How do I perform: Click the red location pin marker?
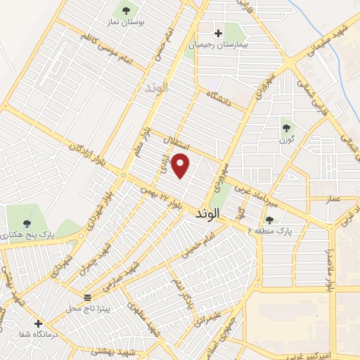(181, 165)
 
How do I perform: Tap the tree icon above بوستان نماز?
(126, 11)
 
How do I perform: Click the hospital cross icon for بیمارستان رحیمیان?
(218, 32)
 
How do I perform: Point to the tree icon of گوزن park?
(287, 127)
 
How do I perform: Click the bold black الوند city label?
(209, 212)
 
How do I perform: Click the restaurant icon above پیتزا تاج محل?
(88, 297)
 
